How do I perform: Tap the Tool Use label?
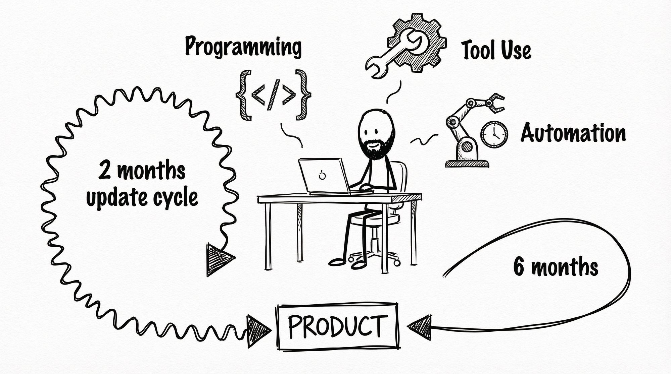(x=497, y=51)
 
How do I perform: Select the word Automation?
(x=573, y=133)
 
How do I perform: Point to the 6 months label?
(x=556, y=267)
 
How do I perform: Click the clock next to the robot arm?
(x=494, y=134)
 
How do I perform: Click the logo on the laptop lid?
(x=322, y=175)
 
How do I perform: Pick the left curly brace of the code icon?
(x=244, y=95)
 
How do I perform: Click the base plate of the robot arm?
(x=467, y=163)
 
